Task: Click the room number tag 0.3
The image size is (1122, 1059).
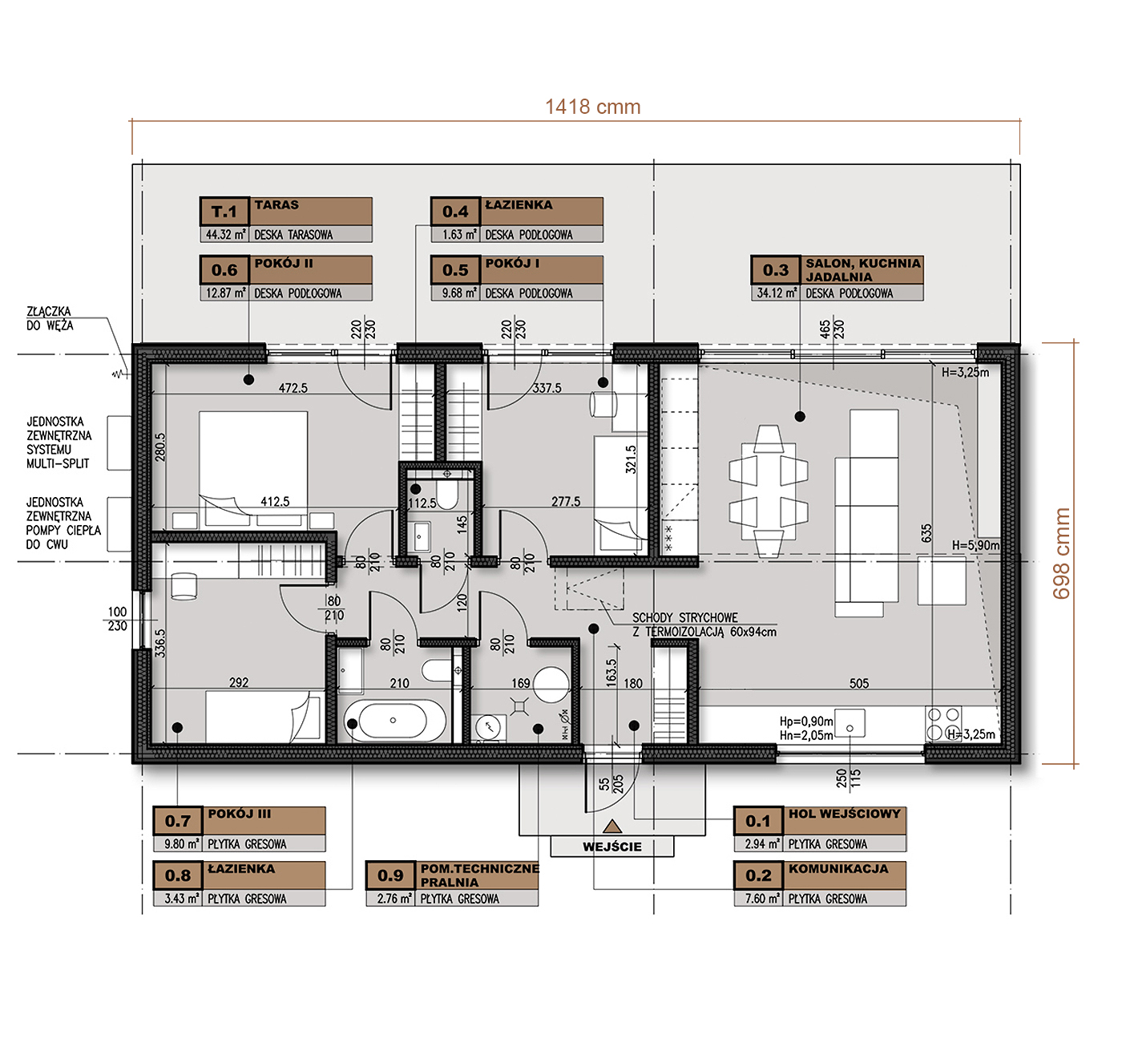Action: (x=775, y=269)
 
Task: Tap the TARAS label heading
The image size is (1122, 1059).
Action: (x=276, y=204)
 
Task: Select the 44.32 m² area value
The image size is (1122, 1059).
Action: (x=225, y=234)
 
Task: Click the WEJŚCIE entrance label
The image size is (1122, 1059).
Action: (x=611, y=847)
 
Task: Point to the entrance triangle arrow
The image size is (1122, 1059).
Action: (x=611, y=827)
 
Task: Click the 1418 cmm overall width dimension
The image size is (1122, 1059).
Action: (x=592, y=107)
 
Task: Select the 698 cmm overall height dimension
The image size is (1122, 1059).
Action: (x=1062, y=553)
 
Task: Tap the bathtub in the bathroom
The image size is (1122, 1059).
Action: (x=394, y=721)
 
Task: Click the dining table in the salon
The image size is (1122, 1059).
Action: (x=768, y=491)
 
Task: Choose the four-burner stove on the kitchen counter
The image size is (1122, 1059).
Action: (x=943, y=723)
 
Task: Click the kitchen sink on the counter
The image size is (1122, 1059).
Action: (x=850, y=723)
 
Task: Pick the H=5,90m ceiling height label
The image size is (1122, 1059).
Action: (x=975, y=546)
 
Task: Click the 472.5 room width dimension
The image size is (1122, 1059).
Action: (x=293, y=388)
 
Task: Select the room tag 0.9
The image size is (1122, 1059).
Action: (x=390, y=875)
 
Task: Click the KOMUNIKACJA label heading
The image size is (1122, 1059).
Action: (x=838, y=868)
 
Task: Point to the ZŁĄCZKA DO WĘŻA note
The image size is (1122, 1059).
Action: (x=50, y=318)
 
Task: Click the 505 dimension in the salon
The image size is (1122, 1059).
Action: (x=859, y=684)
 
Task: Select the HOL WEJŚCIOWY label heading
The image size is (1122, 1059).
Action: (x=844, y=814)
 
